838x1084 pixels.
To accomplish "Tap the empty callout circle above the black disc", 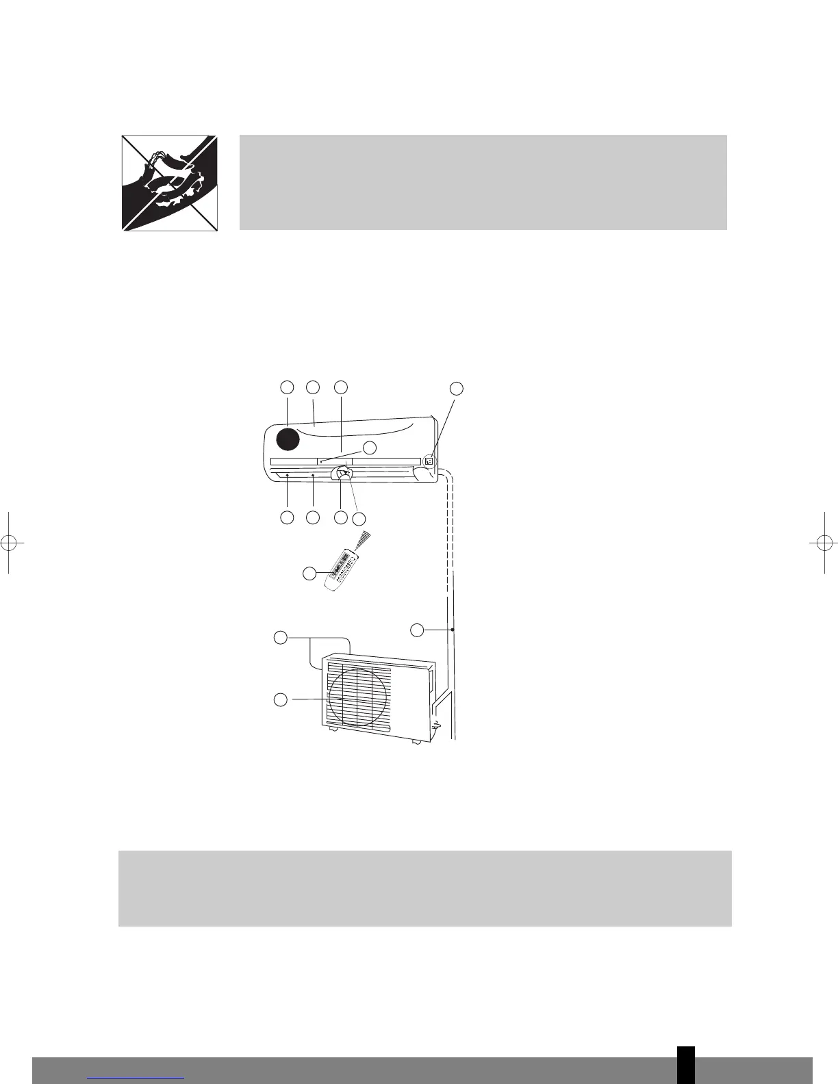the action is tap(288, 387).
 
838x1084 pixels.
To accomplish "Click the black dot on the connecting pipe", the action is tap(453, 629).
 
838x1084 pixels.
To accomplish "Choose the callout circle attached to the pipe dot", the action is tap(418, 629).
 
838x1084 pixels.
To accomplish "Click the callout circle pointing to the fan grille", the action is tap(281, 699).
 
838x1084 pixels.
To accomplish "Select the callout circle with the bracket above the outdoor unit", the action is tap(281, 638).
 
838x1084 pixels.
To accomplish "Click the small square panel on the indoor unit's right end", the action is tap(429, 461).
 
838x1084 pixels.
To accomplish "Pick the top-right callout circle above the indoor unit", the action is tap(457, 389).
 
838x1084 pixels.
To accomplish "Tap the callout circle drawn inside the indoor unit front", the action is tap(370, 448).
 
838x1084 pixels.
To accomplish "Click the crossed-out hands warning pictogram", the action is tap(170, 183).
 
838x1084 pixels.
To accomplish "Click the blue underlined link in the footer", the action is tap(136, 1078).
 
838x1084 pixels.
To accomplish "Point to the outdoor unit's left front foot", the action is tap(333, 730).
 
